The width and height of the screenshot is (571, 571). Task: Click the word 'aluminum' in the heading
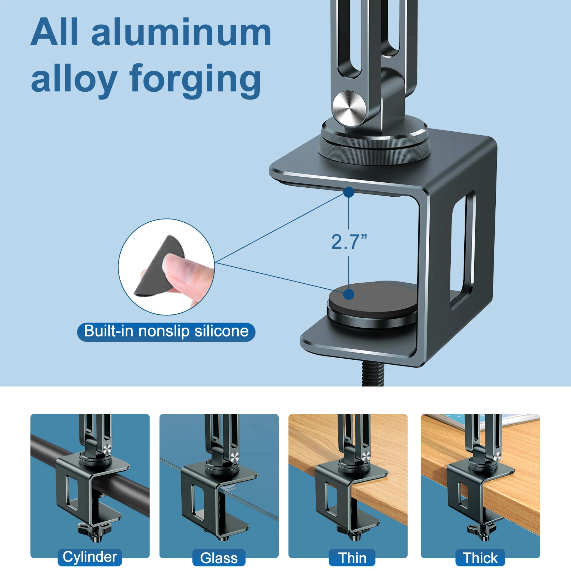(x=181, y=33)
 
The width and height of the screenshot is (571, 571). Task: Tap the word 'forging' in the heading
(x=195, y=79)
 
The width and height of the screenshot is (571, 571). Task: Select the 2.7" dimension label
(x=349, y=242)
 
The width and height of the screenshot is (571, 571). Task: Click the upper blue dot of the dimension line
(x=349, y=192)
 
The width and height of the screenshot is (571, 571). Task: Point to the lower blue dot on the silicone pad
(x=349, y=294)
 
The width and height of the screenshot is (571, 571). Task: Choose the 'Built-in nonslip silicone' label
(x=166, y=332)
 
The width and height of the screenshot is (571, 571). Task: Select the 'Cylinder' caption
(x=90, y=557)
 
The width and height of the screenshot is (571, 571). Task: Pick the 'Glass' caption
(x=219, y=558)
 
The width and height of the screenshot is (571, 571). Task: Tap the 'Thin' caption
(x=352, y=558)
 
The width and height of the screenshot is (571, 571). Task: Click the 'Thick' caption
(x=480, y=558)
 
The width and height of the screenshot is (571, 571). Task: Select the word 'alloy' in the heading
(x=74, y=79)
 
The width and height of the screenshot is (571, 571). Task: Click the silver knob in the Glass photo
(x=234, y=457)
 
